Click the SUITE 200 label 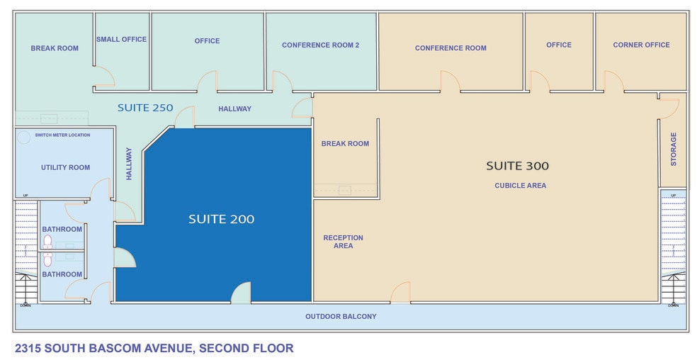click(x=221, y=220)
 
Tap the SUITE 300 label click(x=517, y=167)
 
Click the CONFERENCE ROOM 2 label click(x=320, y=45)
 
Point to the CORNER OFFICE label click(x=641, y=45)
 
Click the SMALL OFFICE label click(x=121, y=40)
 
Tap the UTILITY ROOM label click(x=65, y=168)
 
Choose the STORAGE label click(x=674, y=149)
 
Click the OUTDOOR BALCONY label click(x=341, y=316)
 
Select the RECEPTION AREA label click(x=343, y=242)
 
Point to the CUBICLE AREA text click(x=520, y=186)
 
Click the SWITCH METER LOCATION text click(x=67, y=135)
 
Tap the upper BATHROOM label click(x=62, y=230)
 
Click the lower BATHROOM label click(x=62, y=274)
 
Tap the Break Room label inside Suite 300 click(x=345, y=144)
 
